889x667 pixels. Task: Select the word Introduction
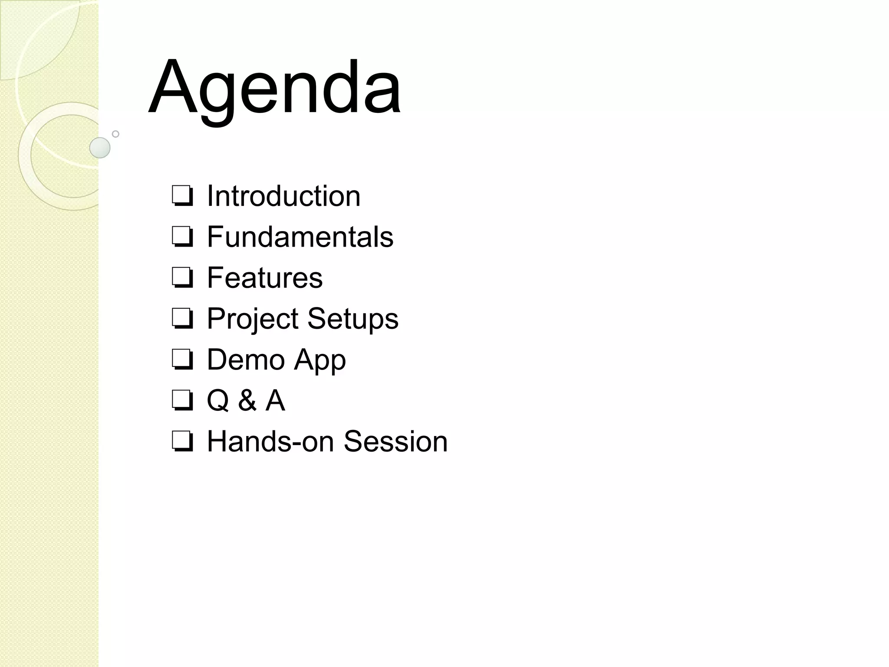tap(283, 196)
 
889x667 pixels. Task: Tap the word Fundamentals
tap(300, 237)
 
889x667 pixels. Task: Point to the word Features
tap(264, 277)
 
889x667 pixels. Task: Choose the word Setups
tap(352, 318)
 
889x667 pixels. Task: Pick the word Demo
tap(246, 359)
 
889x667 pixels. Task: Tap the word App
tap(319, 360)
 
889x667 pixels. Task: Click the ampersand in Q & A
tap(247, 400)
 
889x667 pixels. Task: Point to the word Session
tap(395, 441)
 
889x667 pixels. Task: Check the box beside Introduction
tap(182, 196)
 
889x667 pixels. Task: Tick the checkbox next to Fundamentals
tap(182, 237)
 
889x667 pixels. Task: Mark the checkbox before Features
tap(182, 277)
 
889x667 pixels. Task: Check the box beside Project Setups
tap(182, 318)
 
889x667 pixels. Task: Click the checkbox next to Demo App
tap(182, 359)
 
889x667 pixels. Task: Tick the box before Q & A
tap(182, 400)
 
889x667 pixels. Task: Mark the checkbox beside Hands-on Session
tap(182, 441)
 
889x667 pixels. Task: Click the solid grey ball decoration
tap(100, 148)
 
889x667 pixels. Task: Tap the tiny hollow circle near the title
tap(115, 134)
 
